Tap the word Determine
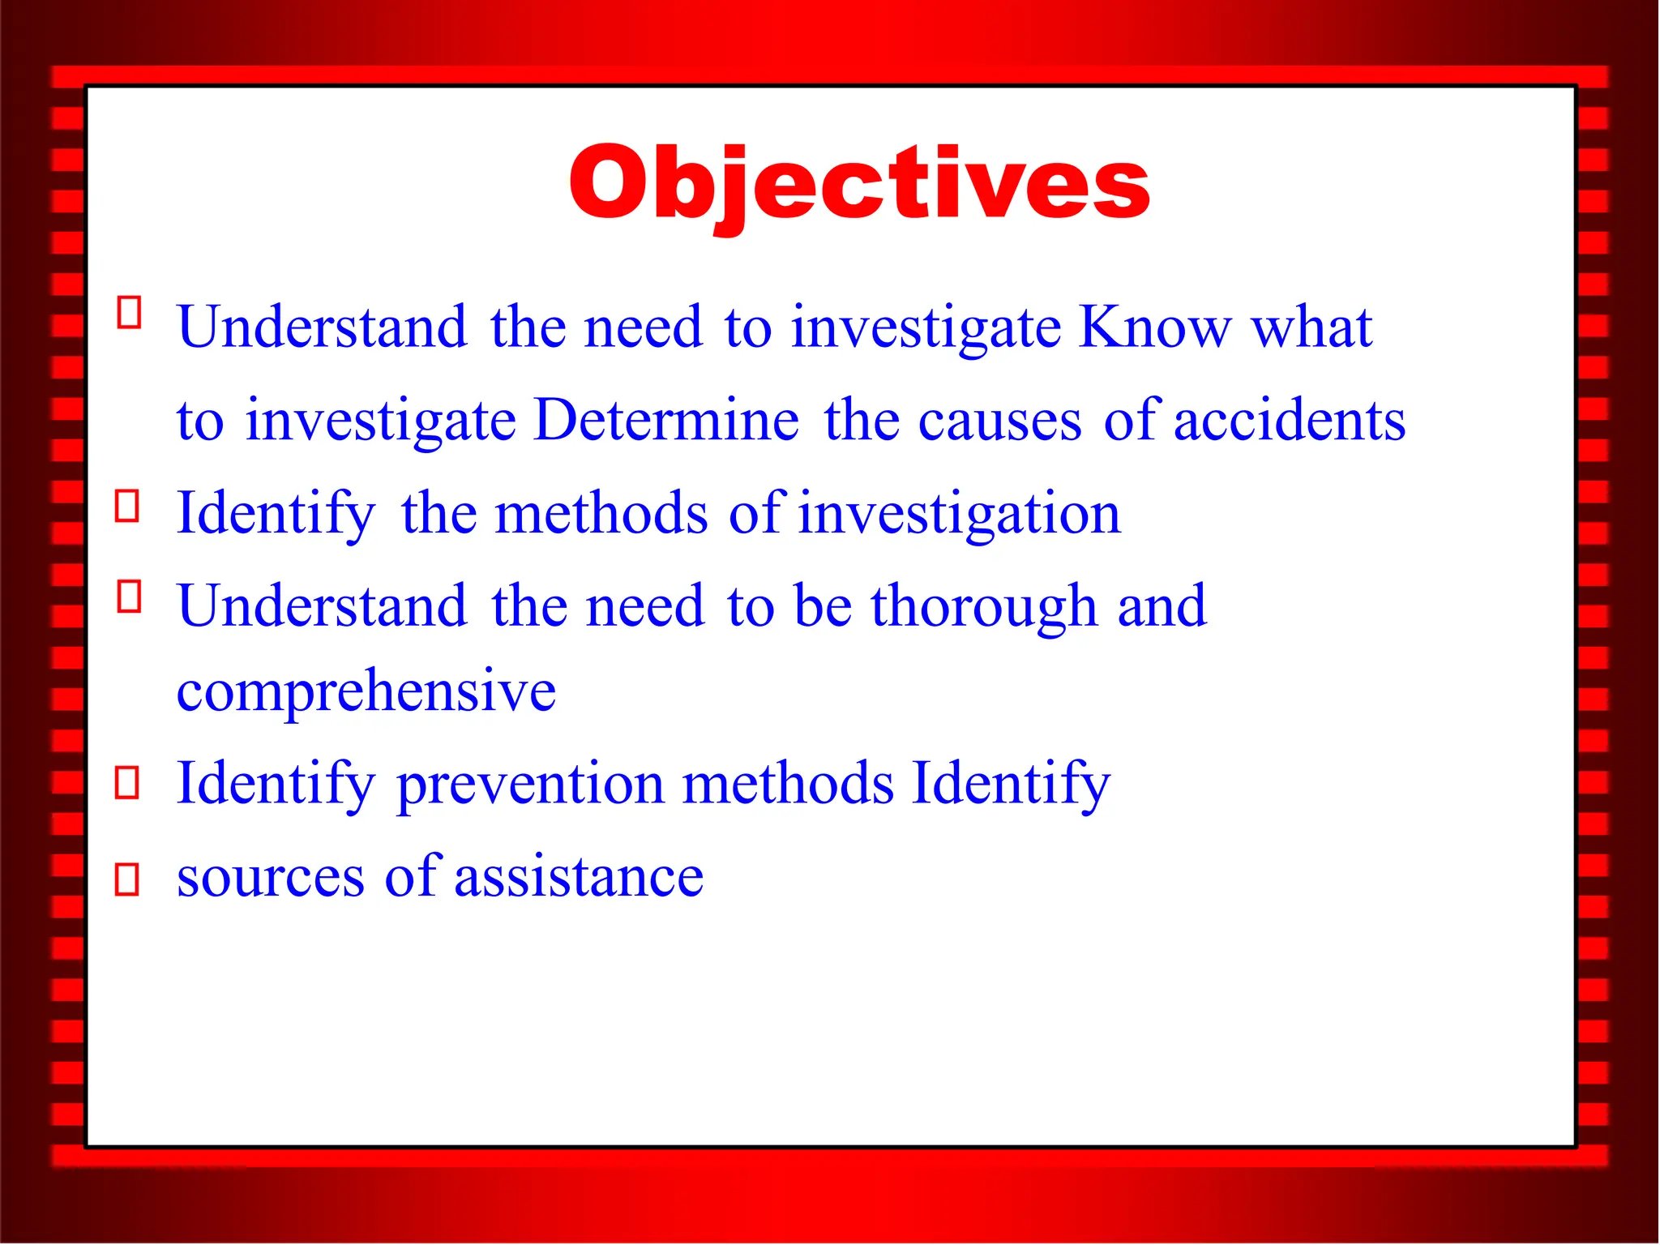(666, 420)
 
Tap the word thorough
(983, 607)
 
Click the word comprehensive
(366, 691)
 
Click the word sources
(271, 877)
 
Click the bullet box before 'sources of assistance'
(127, 879)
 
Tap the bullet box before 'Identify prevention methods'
(127, 783)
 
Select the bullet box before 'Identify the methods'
(127, 506)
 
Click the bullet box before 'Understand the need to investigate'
(129, 312)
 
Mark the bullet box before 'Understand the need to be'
(129, 597)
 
